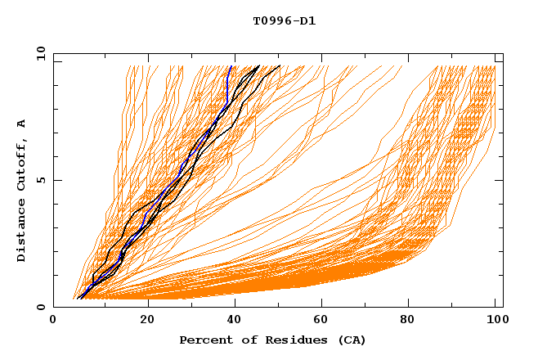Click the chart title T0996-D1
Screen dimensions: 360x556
click(284, 20)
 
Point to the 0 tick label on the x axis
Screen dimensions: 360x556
click(54, 321)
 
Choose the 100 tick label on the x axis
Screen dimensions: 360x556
click(496, 321)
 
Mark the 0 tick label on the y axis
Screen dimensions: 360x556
click(40, 308)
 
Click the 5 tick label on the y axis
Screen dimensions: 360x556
click(40, 180)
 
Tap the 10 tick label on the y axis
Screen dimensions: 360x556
click(38, 53)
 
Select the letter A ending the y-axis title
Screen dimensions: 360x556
click(21, 124)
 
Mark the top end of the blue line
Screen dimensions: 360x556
click(231, 66)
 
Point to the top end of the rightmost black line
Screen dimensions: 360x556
click(280, 66)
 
